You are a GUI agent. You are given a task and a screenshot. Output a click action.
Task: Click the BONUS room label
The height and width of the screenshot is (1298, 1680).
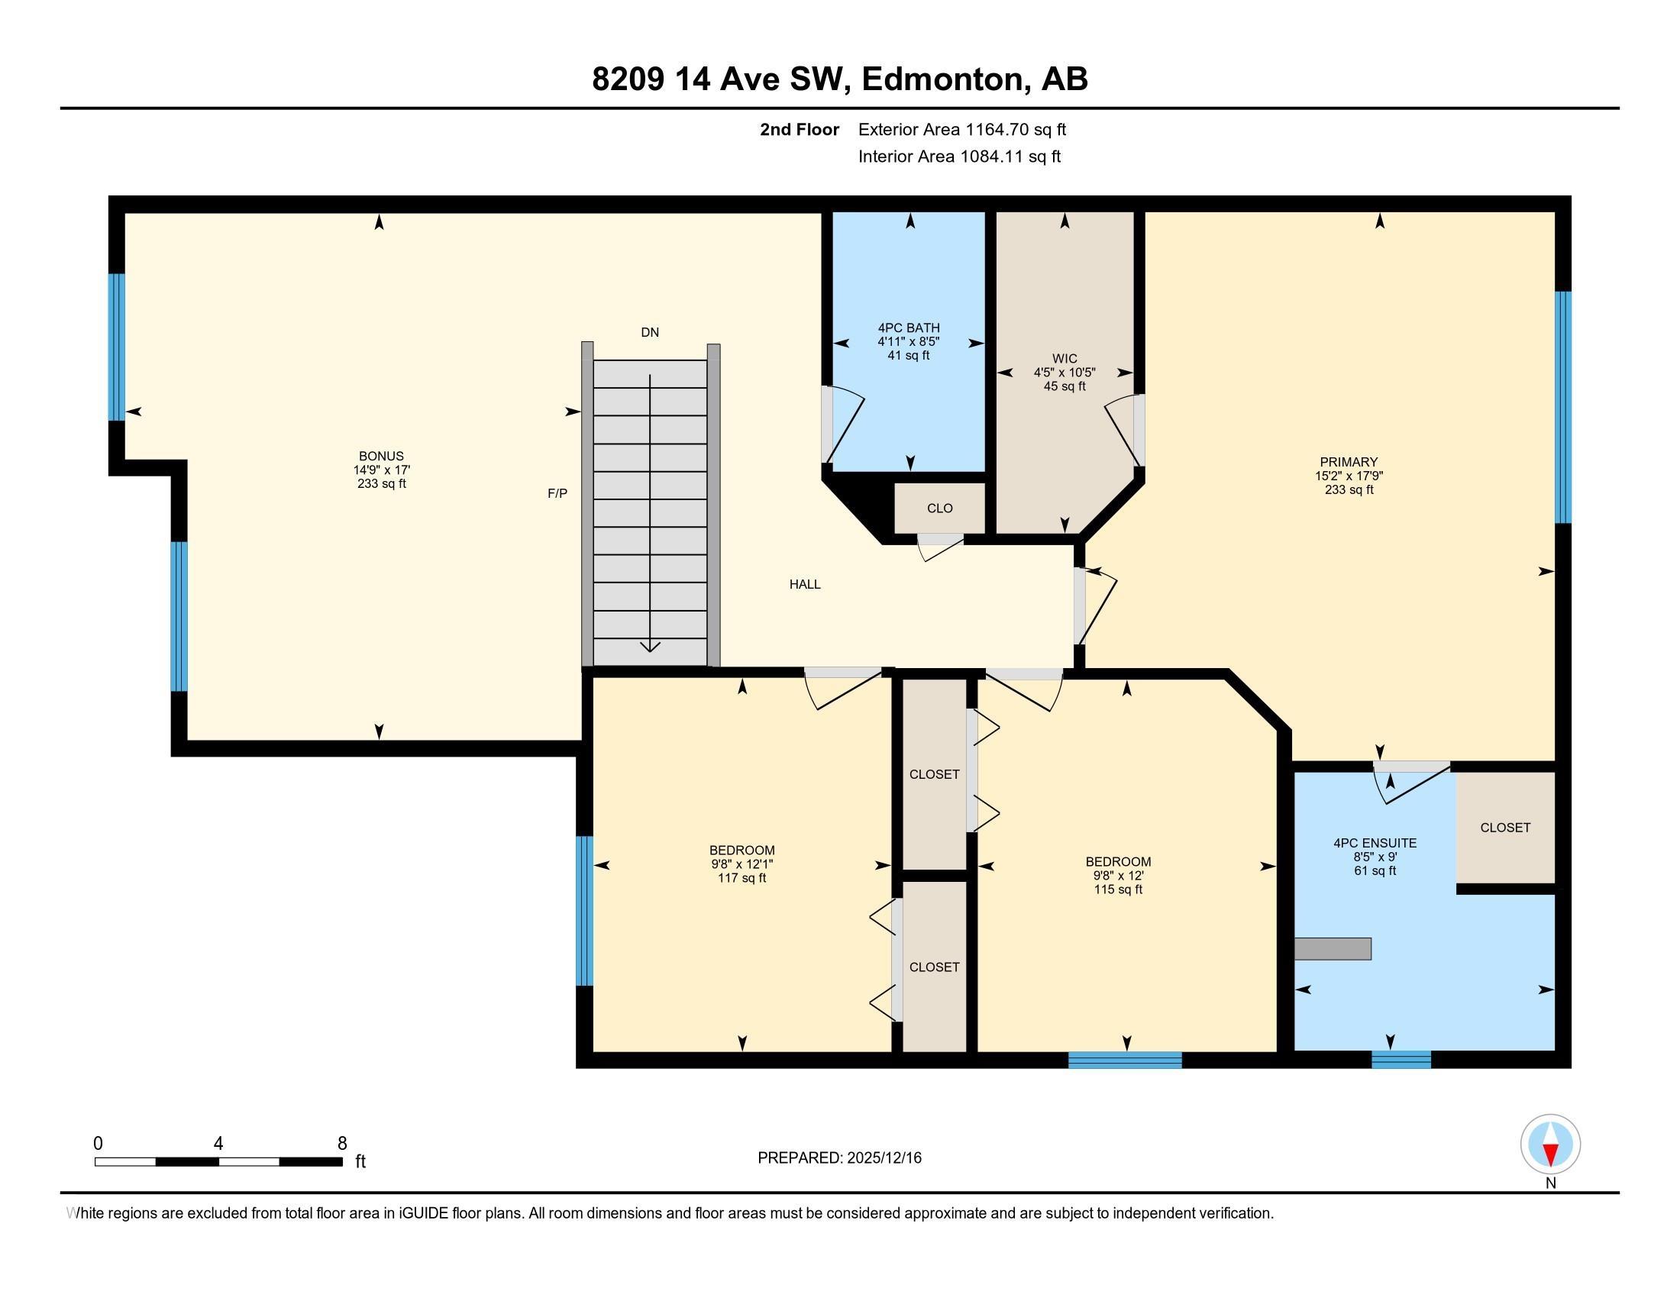(381, 456)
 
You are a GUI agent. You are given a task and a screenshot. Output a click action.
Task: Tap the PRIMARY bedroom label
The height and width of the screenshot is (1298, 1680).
(1349, 462)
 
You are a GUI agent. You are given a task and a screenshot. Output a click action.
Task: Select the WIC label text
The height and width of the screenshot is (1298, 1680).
(1065, 359)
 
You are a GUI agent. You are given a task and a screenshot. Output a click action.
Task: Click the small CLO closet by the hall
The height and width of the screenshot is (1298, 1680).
(939, 509)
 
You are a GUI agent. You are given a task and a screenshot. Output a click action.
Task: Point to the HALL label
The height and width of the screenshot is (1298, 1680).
(805, 584)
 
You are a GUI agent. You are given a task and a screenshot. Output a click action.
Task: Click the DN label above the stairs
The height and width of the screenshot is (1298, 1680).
(650, 332)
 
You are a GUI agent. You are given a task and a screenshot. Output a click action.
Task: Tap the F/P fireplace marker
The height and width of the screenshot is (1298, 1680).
(557, 494)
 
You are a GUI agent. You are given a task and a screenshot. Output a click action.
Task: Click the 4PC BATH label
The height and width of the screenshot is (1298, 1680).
(909, 328)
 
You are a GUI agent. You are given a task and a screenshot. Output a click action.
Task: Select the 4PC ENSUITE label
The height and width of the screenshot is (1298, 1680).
(1375, 843)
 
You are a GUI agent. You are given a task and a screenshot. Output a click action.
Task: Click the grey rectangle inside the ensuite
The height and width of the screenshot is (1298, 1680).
(1333, 949)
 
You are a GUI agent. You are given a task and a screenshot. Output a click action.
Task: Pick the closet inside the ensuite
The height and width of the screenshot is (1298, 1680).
(1504, 828)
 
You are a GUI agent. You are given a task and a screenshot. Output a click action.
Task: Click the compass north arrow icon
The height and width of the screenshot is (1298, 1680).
(1550, 1145)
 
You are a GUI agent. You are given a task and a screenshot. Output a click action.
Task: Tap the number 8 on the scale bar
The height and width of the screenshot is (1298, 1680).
(342, 1144)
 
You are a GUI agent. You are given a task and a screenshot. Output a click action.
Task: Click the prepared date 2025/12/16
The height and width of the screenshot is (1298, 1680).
(883, 1158)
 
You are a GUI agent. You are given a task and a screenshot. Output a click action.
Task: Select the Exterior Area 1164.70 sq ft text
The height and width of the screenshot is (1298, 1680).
(961, 130)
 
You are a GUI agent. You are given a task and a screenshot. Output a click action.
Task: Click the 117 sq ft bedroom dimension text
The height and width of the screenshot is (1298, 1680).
(741, 878)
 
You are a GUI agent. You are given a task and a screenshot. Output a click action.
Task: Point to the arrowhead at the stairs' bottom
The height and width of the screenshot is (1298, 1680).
(650, 646)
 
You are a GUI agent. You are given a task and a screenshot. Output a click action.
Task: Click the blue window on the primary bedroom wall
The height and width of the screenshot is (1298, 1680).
(1562, 408)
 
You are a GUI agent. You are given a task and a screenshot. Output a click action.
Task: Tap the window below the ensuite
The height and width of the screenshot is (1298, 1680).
(1401, 1060)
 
